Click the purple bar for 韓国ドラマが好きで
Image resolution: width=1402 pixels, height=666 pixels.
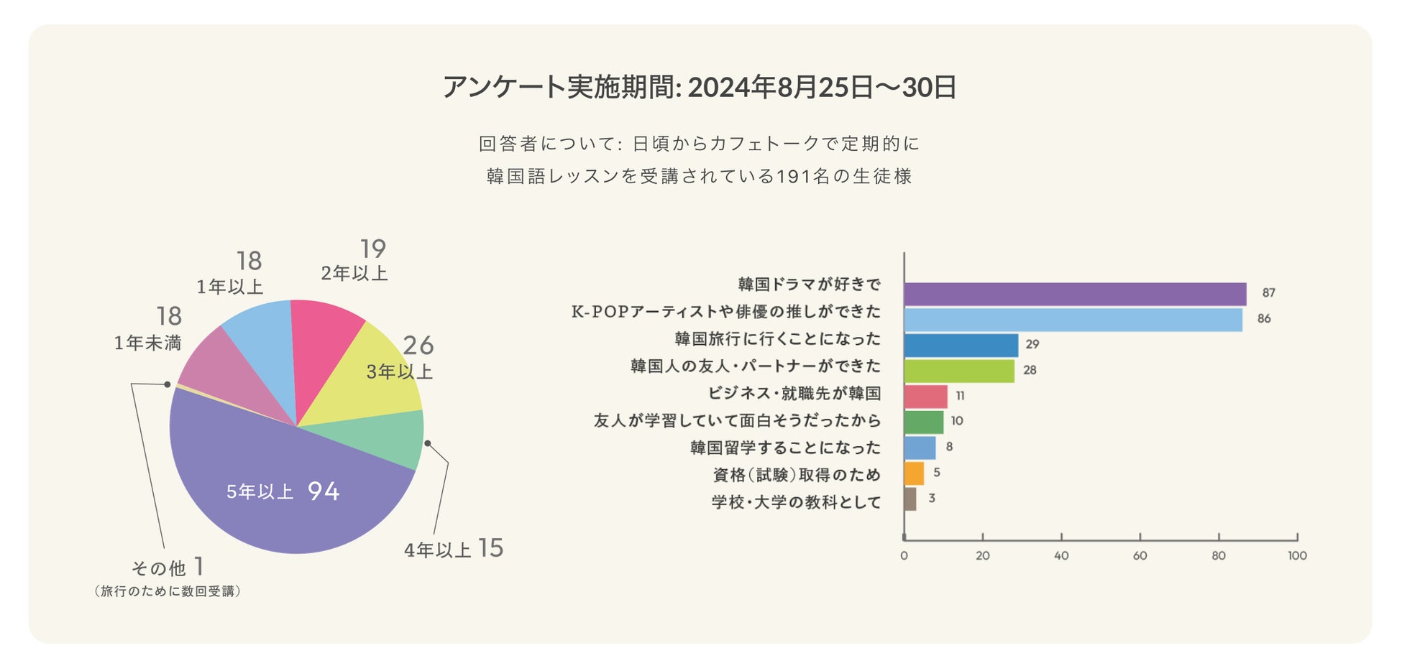[1075, 294]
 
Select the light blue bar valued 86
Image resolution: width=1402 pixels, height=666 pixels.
[1073, 320]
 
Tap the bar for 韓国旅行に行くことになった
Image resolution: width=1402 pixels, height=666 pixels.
[961, 346]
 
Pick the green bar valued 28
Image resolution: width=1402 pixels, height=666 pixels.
[959, 371]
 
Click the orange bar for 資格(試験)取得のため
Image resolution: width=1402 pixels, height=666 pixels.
[914, 473]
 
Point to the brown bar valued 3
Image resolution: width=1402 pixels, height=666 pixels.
[910, 499]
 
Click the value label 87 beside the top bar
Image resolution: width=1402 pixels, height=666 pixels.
[1268, 293]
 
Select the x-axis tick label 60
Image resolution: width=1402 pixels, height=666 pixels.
[1140, 555]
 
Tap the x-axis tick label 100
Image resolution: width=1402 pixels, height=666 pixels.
[1297, 555]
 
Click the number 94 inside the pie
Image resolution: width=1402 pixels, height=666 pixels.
[324, 491]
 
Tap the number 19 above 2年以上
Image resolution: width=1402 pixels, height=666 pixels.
[373, 249]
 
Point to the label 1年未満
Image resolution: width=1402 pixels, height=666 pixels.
[147, 343]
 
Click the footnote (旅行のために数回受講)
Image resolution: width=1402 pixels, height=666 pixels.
[167, 591]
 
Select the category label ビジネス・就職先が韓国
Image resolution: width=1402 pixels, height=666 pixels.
[794, 393]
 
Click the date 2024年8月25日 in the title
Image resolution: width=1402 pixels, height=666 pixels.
[779, 87]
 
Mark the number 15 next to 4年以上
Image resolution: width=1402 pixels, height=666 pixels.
[490, 548]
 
